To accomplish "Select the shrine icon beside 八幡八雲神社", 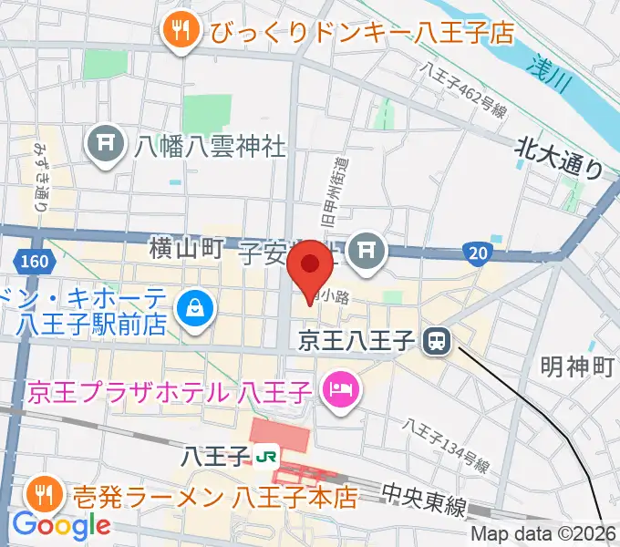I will tap(107, 143).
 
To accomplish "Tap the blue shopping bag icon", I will tap(196, 309).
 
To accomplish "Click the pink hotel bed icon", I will tap(342, 393).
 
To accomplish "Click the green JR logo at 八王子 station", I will tap(265, 453).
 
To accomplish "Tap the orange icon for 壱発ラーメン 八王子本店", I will tap(43, 497).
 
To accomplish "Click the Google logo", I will tap(60, 525).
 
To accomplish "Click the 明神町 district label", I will tap(577, 367).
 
